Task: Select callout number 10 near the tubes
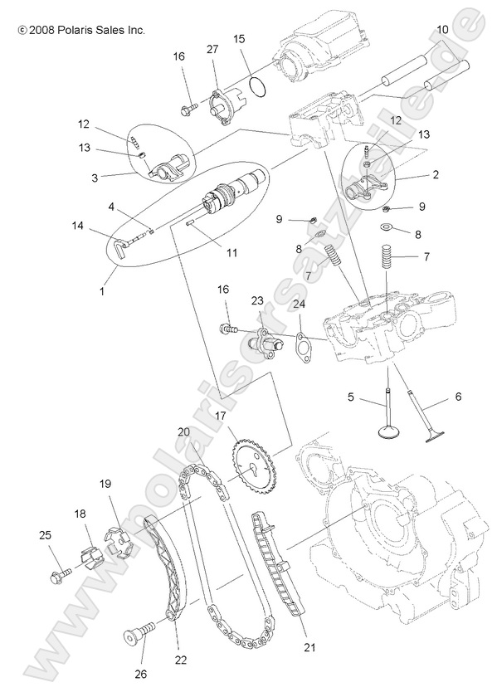click(x=442, y=30)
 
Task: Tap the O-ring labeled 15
click(x=258, y=85)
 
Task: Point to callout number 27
click(x=212, y=50)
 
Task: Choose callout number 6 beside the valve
click(x=457, y=397)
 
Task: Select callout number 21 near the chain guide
click(x=288, y=646)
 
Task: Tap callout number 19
click(x=105, y=484)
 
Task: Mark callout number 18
click(x=80, y=514)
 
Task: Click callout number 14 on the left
click(x=78, y=226)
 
